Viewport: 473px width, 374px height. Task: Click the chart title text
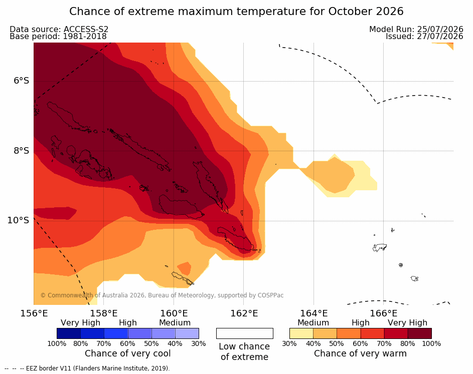[236, 12]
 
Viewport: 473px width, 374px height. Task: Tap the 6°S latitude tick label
[21, 81]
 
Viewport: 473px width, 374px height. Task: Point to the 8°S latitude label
[21, 151]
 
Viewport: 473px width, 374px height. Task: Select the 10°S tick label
[18, 220]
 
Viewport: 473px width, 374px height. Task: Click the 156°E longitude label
[34, 313]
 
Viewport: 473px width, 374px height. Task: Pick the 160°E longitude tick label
[174, 313]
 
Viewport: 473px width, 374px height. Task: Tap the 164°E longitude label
[313, 313]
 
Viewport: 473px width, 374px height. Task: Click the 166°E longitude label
[384, 313]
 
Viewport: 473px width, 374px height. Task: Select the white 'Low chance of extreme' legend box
[245, 333]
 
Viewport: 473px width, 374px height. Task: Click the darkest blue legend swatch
[69, 333]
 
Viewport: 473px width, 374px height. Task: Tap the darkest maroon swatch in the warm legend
[420, 333]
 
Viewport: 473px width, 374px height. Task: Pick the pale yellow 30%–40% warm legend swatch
[301, 333]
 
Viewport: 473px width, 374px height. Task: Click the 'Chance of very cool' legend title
[127, 353]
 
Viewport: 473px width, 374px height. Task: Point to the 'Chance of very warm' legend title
[360, 353]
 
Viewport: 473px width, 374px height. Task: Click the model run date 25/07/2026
[440, 29]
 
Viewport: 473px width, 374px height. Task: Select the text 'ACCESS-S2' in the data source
[86, 29]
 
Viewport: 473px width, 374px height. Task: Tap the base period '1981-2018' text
[84, 37]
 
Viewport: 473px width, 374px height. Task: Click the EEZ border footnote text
[87, 368]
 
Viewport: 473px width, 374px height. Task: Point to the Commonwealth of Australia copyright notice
[162, 295]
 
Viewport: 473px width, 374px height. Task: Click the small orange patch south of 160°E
[184, 268]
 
